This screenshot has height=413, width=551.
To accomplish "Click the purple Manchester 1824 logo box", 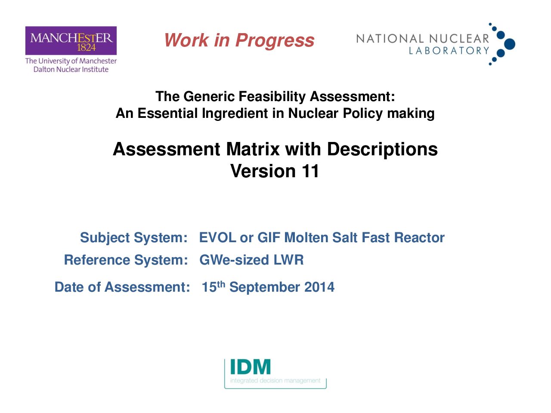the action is pyautogui.click(x=71, y=40).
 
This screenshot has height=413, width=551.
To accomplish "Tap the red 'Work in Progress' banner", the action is pyautogui.click(x=239, y=40).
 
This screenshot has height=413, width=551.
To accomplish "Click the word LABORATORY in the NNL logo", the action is pyautogui.click(x=449, y=51).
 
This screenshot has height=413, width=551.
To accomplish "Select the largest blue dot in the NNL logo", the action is pyautogui.click(x=510, y=44).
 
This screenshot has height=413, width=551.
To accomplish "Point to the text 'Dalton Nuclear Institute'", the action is pyautogui.click(x=71, y=69).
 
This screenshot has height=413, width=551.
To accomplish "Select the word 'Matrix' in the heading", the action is pyautogui.click(x=253, y=149).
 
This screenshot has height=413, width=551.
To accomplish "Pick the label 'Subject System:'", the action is pyautogui.click(x=134, y=238).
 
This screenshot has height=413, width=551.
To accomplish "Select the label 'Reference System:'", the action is pyautogui.click(x=126, y=260).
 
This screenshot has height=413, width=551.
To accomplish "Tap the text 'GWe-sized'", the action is pyautogui.click(x=234, y=260).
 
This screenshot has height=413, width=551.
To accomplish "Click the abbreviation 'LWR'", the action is pyautogui.click(x=289, y=260).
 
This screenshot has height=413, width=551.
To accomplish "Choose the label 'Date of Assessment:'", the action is pyautogui.click(x=122, y=287).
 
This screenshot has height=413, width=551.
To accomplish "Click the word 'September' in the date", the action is pyautogui.click(x=264, y=288).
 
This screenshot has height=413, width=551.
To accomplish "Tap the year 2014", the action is pyautogui.click(x=319, y=287).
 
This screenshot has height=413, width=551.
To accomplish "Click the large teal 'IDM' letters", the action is pyautogui.click(x=251, y=367).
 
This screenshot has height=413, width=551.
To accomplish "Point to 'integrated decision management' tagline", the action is pyautogui.click(x=275, y=381).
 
